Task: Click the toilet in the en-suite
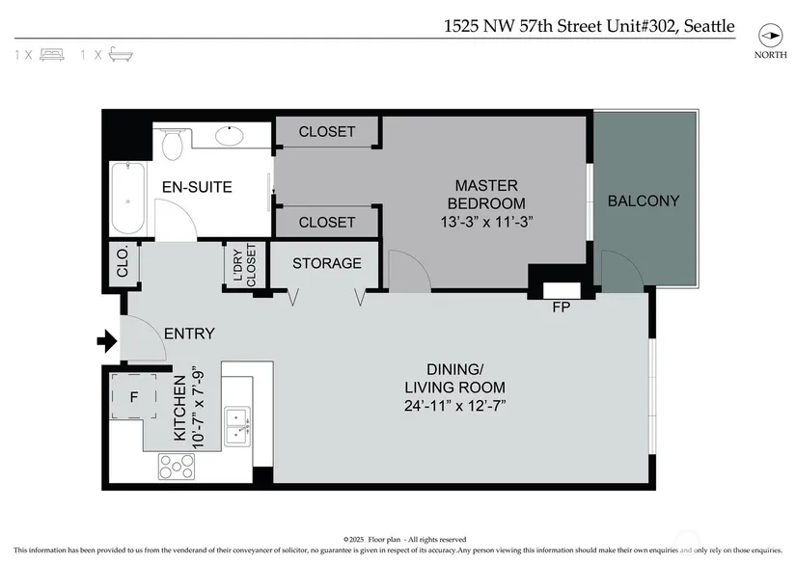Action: [173, 144]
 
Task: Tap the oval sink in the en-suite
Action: [230, 136]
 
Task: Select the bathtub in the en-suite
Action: [128, 199]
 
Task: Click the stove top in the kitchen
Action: [177, 467]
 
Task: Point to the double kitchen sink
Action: [237, 427]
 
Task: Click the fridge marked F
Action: [134, 396]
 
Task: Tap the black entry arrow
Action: [107, 341]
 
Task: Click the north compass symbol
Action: [771, 36]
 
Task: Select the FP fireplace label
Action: [562, 307]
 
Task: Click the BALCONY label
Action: [644, 201]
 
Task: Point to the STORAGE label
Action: [327, 263]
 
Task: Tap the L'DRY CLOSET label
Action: [245, 265]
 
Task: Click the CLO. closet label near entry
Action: [123, 262]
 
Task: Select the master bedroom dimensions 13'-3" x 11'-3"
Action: [486, 222]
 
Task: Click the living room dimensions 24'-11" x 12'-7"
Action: [454, 406]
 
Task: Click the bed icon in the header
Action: [52, 55]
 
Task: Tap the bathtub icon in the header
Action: [121, 54]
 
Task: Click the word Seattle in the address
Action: [709, 26]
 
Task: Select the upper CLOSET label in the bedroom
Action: [327, 131]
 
